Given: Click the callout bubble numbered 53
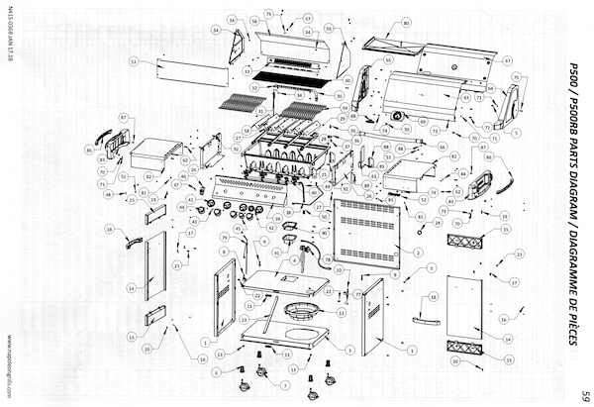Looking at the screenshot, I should [132, 60].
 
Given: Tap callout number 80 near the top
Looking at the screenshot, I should [405, 22].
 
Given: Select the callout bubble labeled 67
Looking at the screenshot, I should [507, 60].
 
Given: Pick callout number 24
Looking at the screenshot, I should [436, 222].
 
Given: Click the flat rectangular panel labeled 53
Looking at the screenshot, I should [193, 71].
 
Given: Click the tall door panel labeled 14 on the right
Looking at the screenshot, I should [463, 310].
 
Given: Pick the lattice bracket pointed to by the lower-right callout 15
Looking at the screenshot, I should [465, 348].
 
